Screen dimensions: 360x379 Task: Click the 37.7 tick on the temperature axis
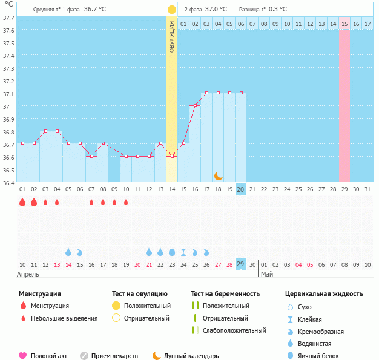coord(8,18)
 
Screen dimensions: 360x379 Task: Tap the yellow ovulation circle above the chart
coord(172,10)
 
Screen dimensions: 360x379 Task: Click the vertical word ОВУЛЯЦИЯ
coord(172,37)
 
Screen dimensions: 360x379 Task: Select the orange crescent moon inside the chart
coord(219,176)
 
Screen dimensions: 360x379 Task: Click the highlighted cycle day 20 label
coord(241,189)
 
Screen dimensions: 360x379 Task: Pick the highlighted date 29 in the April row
coord(241,264)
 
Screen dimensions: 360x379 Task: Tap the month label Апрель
coord(28,274)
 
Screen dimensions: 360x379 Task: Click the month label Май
coord(267,274)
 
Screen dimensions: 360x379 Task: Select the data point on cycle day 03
coord(45,131)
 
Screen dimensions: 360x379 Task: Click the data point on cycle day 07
coord(91,156)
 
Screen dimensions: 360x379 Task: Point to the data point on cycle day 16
coord(195,106)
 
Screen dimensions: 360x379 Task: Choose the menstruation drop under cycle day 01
coord(22,202)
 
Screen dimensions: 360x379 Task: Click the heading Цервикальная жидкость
coord(324,294)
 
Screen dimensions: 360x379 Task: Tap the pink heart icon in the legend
coord(23,356)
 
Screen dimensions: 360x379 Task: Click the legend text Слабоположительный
coord(234,330)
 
